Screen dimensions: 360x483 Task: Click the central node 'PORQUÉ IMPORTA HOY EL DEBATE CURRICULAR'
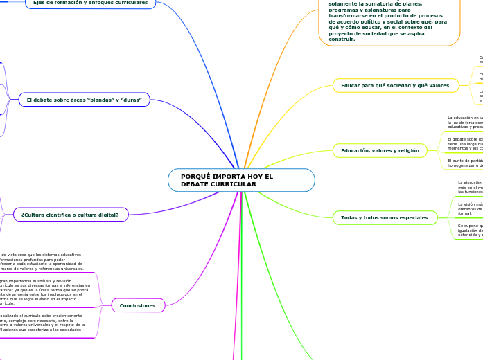(x=241, y=180)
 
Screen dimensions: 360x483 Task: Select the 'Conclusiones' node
(x=138, y=305)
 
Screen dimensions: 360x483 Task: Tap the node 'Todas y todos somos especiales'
(x=385, y=218)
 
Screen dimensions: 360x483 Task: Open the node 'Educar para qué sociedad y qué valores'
(x=395, y=86)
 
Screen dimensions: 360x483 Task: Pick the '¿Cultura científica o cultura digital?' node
(x=71, y=215)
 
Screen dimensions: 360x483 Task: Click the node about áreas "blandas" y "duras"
(x=84, y=100)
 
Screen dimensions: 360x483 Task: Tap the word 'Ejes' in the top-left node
(x=39, y=3)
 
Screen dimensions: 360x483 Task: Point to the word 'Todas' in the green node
(x=349, y=218)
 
